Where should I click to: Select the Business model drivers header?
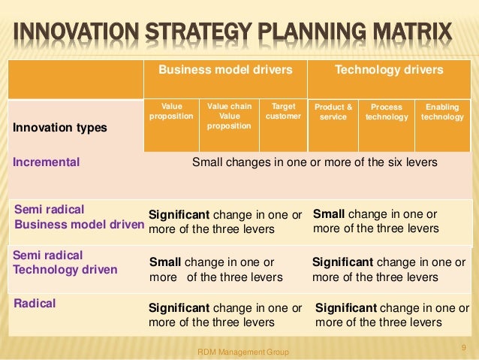pyautogui.click(x=225, y=70)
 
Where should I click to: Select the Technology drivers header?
pyautogui.click(x=389, y=70)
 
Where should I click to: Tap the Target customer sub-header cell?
pyautogui.click(x=283, y=112)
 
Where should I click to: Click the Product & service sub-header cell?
pyautogui.click(x=333, y=112)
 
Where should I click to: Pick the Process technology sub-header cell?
pyautogui.click(x=387, y=112)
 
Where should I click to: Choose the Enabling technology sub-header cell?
pyautogui.click(x=442, y=112)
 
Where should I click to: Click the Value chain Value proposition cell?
pyautogui.click(x=229, y=116)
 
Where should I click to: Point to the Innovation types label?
pyautogui.click(x=59, y=128)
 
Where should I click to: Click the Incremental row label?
pyautogui.click(x=47, y=161)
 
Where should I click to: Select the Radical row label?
pyautogui.click(x=35, y=304)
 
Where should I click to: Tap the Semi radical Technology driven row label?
pyautogui.click(x=65, y=262)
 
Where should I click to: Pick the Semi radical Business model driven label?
pyautogui.click(x=78, y=216)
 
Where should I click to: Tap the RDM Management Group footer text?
pyautogui.click(x=243, y=351)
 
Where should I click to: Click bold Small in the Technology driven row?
pyautogui.click(x=165, y=263)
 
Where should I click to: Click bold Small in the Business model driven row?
pyautogui.click(x=328, y=213)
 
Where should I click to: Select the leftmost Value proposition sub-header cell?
pyautogui.click(x=171, y=112)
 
